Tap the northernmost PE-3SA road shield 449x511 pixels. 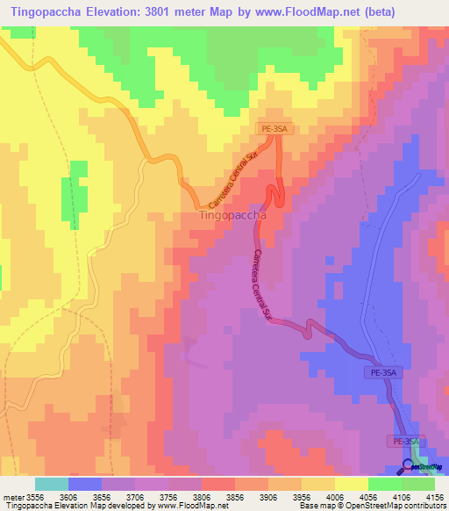pyautogui.click(x=274, y=129)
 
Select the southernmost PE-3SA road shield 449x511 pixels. pyautogui.click(x=406, y=441)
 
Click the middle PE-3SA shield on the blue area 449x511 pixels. pyautogui.click(x=381, y=373)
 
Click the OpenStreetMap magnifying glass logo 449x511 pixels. pyautogui.click(x=410, y=466)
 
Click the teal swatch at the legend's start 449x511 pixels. pyautogui.click(x=51, y=484)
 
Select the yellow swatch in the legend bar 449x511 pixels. pyautogui.click(x=351, y=484)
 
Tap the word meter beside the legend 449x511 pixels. pyautogui.click(x=12, y=496)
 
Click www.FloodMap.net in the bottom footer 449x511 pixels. pyautogui.click(x=181, y=506)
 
